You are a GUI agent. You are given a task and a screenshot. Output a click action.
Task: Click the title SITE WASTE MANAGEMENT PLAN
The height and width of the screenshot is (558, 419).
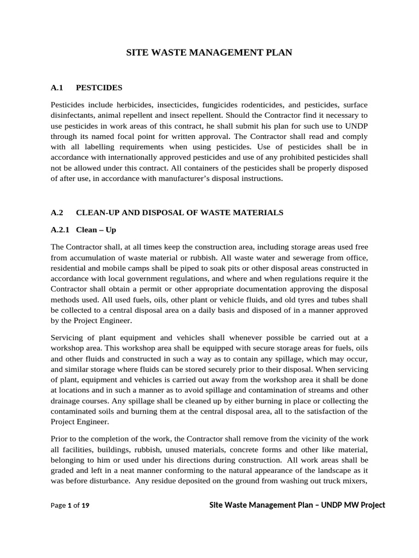pos(209,53)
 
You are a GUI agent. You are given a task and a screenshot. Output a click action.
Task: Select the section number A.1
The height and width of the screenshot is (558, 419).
pos(57,87)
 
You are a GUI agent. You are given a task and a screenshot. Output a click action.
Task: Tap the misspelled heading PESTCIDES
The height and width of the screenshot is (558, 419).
pos(99,87)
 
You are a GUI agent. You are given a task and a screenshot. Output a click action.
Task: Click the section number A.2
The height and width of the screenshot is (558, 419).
pos(57,213)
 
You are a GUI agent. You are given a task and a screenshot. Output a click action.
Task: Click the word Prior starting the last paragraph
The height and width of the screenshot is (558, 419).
pos(59,439)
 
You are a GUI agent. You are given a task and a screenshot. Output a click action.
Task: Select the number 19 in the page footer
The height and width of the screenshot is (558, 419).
pos(85,506)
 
